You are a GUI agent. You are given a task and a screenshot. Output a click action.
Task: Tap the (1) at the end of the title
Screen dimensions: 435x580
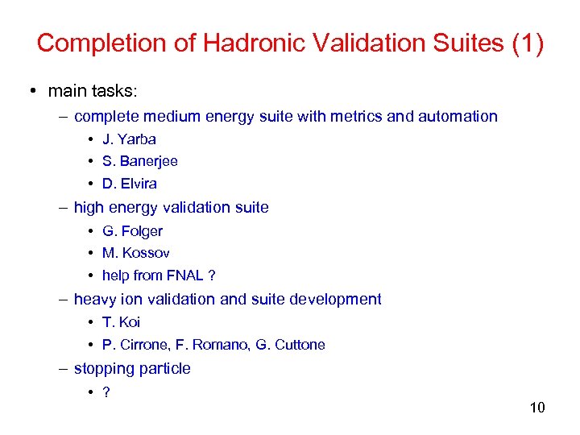[528, 43]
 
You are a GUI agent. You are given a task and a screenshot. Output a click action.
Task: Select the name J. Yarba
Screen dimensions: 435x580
[129, 139]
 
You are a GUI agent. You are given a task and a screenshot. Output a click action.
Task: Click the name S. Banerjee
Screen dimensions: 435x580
[140, 161]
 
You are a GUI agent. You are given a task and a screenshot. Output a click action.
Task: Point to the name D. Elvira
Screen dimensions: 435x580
[130, 184]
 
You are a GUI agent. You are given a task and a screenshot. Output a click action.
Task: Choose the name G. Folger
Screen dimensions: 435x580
[132, 231]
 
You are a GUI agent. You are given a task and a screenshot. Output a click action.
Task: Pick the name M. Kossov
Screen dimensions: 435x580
[136, 253]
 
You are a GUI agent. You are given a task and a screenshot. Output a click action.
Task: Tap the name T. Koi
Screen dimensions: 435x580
[121, 322]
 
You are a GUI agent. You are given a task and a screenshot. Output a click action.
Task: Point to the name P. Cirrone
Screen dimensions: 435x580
[132, 345]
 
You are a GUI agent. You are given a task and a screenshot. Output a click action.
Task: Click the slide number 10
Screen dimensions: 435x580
[537, 408]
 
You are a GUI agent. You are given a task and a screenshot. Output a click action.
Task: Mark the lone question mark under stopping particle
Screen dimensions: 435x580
[106, 392]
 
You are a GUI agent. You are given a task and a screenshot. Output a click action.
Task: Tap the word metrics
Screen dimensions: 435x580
[356, 117]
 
